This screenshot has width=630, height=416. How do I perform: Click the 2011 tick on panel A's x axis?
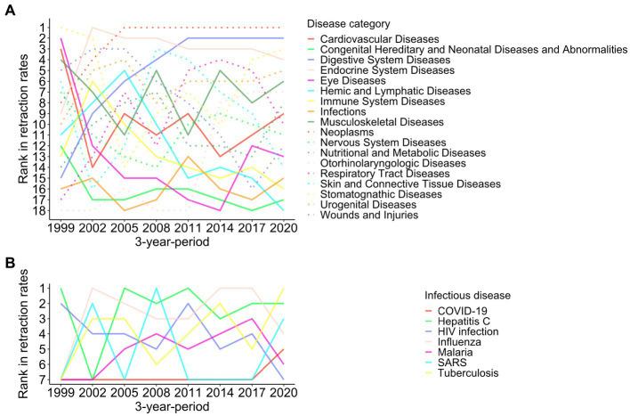coord(185,230)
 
